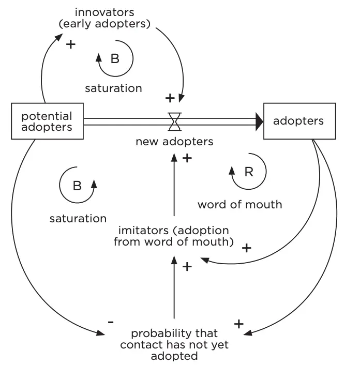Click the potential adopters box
click(x=47, y=121)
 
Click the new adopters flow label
click(x=174, y=141)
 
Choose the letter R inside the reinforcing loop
click(x=249, y=172)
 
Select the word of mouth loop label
click(x=239, y=204)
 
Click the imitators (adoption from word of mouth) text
click(x=174, y=235)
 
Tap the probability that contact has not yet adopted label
click(x=174, y=344)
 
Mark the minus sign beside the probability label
click(x=110, y=322)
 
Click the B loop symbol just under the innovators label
click(x=115, y=58)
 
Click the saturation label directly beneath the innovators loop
click(x=113, y=88)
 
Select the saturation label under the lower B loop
click(x=78, y=218)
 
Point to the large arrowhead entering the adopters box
click(x=258, y=121)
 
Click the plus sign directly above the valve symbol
click(x=170, y=97)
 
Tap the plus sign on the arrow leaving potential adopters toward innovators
click(x=70, y=44)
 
